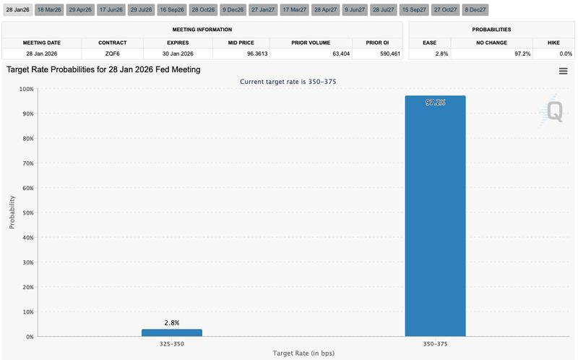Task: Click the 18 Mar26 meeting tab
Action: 48,10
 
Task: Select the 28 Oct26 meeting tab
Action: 204,10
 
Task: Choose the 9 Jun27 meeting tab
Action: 355,10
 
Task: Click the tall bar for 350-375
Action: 435,217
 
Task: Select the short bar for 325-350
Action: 171,333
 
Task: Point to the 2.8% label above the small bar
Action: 171,322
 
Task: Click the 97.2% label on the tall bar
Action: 435,103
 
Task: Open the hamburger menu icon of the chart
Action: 563,71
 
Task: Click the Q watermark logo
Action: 553,111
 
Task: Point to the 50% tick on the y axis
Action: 27,213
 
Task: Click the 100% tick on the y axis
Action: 25,89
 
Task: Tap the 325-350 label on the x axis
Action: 171,344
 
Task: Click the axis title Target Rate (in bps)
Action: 303,353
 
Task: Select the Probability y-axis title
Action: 12,213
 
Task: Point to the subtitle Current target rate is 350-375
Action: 288,82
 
